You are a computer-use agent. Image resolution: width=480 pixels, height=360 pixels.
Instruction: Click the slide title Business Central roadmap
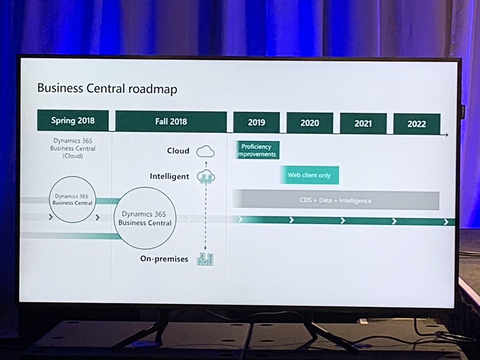(107, 88)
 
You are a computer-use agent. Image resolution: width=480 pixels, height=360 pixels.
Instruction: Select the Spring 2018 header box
(72, 120)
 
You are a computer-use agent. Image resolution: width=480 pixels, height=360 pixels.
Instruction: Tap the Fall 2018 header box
(171, 122)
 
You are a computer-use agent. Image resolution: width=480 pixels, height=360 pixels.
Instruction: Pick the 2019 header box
(256, 122)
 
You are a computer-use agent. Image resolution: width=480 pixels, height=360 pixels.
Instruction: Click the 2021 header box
(363, 124)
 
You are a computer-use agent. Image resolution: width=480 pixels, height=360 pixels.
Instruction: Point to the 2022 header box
(416, 124)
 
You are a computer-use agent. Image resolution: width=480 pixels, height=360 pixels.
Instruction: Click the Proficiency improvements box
(256, 150)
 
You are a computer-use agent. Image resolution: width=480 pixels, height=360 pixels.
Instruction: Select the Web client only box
(309, 175)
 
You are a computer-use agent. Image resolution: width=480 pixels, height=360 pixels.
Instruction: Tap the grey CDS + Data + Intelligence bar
(336, 200)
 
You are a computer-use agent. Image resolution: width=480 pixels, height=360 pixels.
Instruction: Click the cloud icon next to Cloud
(206, 152)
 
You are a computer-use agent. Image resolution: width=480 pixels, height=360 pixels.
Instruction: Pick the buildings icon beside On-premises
(205, 259)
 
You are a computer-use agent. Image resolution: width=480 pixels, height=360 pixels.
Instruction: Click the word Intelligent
(170, 176)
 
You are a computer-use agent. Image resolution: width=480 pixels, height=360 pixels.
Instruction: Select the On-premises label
(164, 259)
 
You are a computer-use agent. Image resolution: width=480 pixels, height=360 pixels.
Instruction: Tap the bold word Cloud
(178, 151)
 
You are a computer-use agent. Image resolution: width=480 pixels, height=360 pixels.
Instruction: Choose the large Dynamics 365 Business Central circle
(144, 218)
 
